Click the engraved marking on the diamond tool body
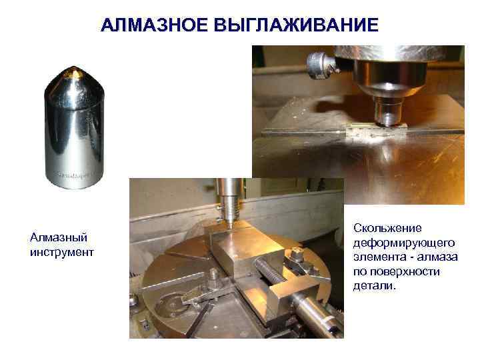[x=75, y=175]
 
